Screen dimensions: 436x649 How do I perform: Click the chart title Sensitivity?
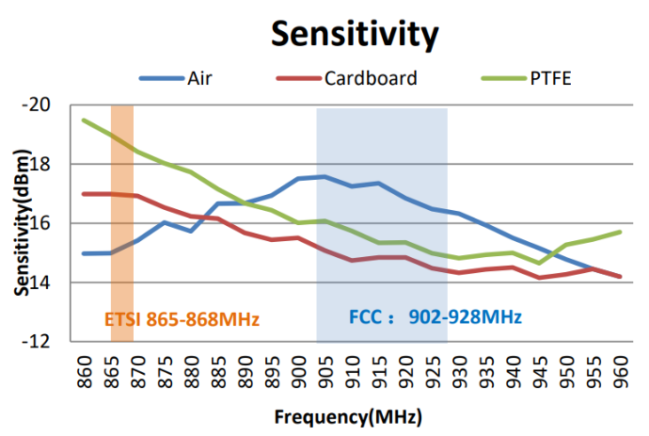(x=355, y=34)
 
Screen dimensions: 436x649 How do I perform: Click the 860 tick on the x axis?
(x=85, y=368)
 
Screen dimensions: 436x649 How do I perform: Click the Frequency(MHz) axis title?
(x=348, y=415)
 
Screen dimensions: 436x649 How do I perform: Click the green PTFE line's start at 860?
(x=85, y=121)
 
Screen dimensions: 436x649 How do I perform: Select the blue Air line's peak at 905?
(x=324, y=176)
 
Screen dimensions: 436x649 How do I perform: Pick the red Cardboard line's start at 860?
(x=85, y=194)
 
